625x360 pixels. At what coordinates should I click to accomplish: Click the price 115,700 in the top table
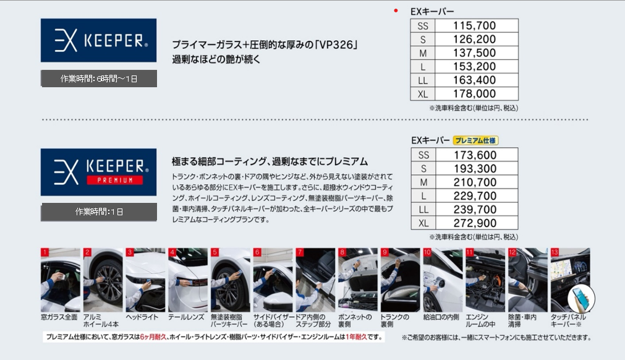tap(474, 26)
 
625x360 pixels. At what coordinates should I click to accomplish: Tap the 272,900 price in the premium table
tap(475, 223)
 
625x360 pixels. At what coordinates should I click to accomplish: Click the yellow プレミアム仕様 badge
tap(475, 140)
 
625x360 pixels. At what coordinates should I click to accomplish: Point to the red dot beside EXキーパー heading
tap(396, 11)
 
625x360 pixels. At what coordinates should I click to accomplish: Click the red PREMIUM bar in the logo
tap(115, 180)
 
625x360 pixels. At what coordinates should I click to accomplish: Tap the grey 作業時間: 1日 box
tap(99, 212)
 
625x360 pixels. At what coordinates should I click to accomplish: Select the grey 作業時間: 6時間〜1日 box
tap(99, 79)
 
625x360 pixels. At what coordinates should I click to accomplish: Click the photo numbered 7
tap(315, 280)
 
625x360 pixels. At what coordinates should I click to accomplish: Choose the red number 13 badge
tap(555, 252)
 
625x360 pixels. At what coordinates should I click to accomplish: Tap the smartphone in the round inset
tap(580, 299)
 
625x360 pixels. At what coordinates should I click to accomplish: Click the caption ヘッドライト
tap(142, 317)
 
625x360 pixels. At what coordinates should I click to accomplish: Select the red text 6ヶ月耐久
tap(153, 337)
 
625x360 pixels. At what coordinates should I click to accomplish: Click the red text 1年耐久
tap(356, 337)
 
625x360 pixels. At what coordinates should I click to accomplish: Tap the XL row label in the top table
tap(422, 94)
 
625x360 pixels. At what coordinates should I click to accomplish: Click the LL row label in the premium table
tap(423, 210)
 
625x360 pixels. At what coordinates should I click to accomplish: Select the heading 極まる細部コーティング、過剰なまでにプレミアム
tap(270, 161)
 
